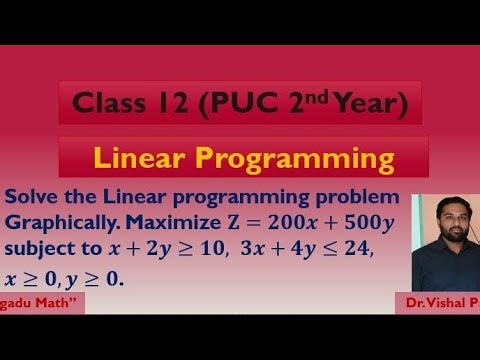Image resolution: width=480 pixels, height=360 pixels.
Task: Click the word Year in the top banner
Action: tap(363, 103)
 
